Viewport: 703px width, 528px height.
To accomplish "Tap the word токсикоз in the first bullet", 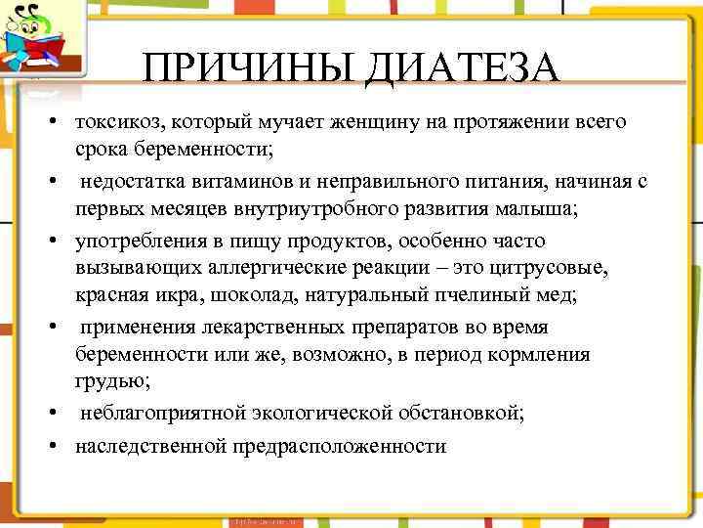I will [x=118, y=122].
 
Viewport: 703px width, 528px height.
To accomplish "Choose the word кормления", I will [x=542, y=354].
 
